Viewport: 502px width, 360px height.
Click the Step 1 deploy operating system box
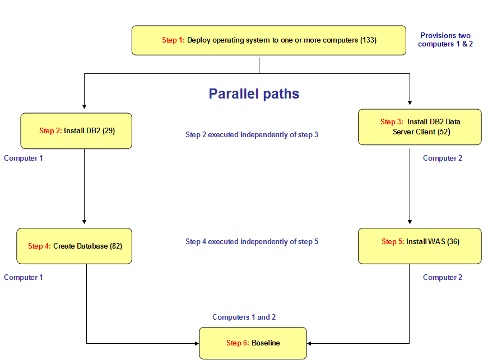click(x=268, y=40)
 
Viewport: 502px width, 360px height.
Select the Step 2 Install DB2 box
click(x=76, y=131)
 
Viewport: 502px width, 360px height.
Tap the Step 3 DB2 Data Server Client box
click(x=420, y=127)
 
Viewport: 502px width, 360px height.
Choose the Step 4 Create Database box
click(x=74, y=246)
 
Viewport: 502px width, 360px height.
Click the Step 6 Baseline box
click(x=253, y=343)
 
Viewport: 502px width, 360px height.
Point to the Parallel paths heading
click(x=254, y=93)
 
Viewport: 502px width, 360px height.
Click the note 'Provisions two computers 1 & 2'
click(x=445, y=40)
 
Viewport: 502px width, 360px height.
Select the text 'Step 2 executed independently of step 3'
click(x=252, y=134)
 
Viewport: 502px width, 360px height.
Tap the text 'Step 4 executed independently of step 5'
click(x=252, y=242)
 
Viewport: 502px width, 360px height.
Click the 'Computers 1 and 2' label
click(x=244, y=317)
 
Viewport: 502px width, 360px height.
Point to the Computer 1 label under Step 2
click(x=24, y=158)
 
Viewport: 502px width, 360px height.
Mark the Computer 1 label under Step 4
click(x=24, y=278)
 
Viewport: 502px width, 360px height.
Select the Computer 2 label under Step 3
click(x=443, y=158)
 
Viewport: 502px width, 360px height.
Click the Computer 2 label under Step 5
click(x=443, y=278)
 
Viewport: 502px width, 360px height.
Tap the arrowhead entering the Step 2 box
click(x=84, y=105)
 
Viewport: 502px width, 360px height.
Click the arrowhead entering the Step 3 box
click(x=410, y=102)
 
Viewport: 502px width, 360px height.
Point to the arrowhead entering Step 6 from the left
click(x=197, y=343)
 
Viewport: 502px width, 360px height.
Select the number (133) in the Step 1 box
click(x=368, y=40)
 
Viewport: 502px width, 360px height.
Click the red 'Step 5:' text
click(x=393, y=242)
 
